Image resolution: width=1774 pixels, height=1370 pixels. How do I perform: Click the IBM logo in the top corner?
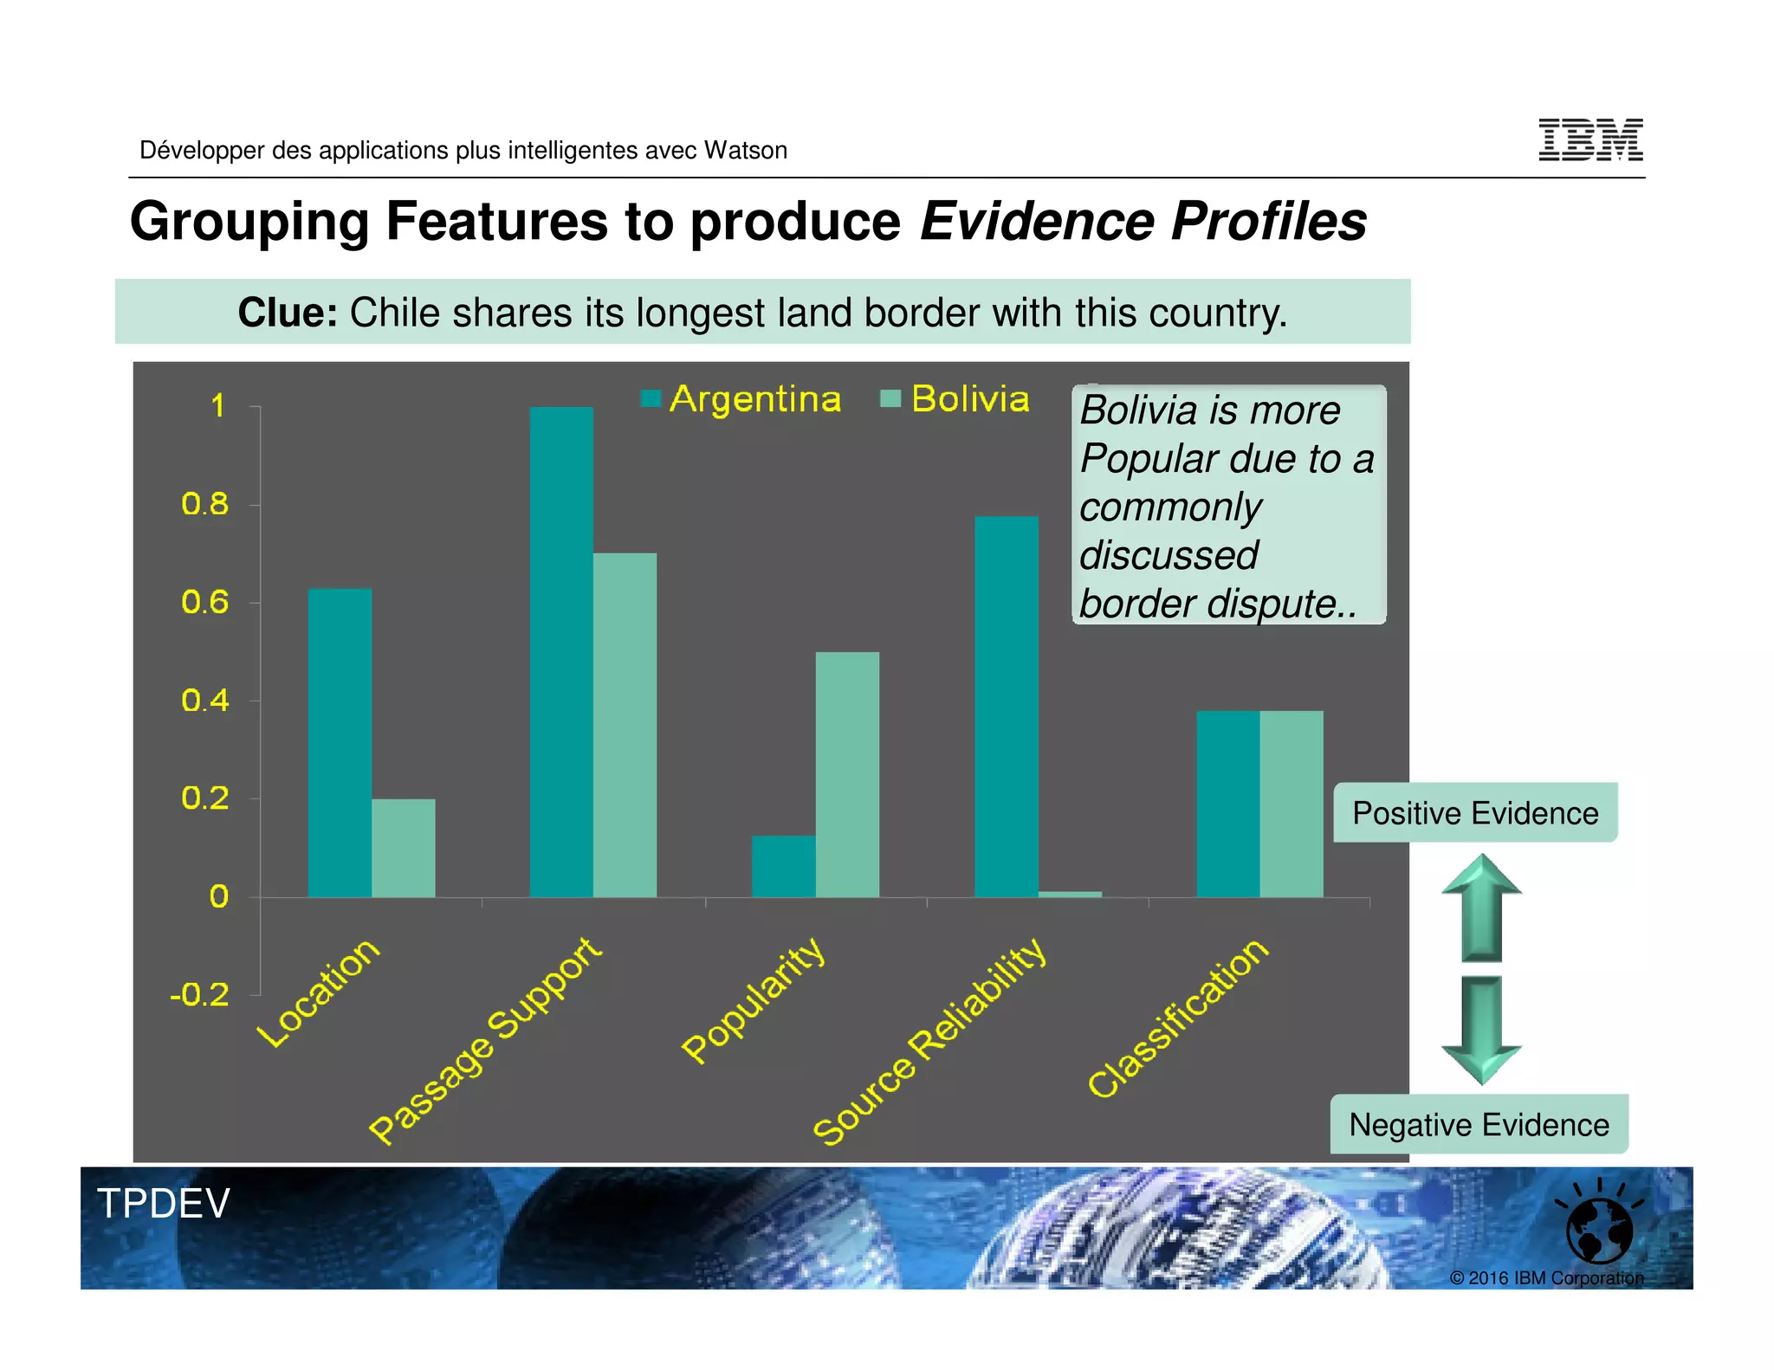[x=1589, y=140]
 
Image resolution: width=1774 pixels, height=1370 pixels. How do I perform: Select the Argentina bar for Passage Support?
[x=561, y=651]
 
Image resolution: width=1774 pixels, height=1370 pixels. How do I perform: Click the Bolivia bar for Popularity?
[x=846, y=774]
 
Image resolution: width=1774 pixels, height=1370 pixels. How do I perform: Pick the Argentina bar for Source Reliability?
[x=1006, y=706]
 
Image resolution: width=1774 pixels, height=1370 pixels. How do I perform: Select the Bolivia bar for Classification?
[x=1291, y=804]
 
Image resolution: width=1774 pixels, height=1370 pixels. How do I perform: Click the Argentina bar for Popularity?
[x=783, y=865]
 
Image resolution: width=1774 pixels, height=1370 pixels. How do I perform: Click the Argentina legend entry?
[x=741, y=399]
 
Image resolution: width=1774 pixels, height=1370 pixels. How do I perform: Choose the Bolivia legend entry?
[x=955, y=399]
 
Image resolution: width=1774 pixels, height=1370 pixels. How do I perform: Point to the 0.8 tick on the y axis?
[x=205, y=504]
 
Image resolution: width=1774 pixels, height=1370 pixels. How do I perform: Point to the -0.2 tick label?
[x=200, y=995]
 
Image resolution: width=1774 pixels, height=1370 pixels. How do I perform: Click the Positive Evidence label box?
[x=1474, y=812]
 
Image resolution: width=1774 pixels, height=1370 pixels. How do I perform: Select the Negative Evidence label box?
[x=1478, y=1124]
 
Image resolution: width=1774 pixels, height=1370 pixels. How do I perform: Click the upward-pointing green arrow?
[x=1481, y=908]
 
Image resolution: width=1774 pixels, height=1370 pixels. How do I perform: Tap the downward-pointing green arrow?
[x=1481, y=1029]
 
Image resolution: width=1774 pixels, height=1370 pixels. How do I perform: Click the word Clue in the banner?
[x=287, y=313]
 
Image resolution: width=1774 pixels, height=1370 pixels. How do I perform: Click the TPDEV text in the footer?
[x=163, y=1203]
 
